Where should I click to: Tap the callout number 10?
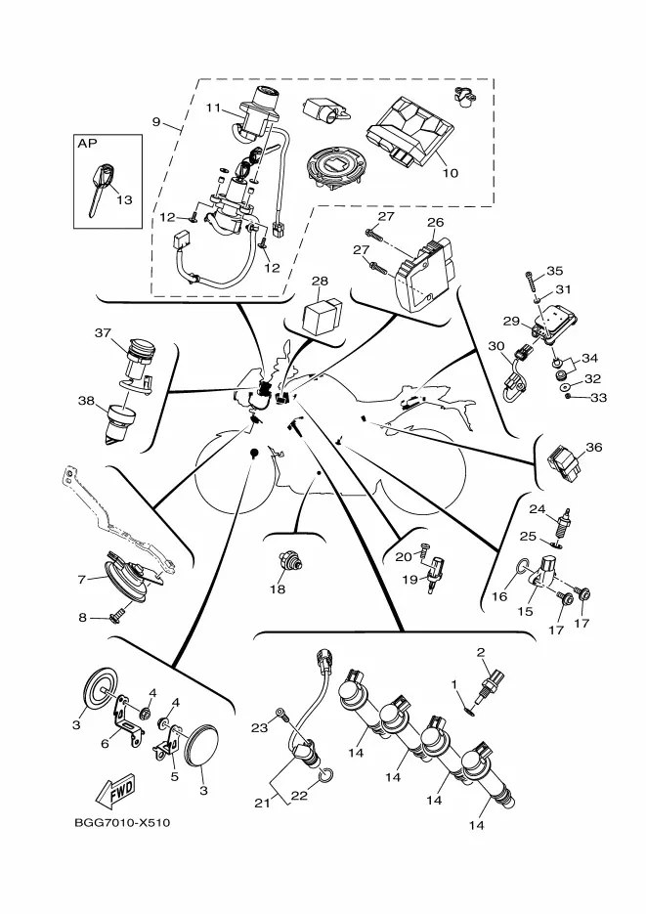[451, 174]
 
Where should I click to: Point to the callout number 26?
[435, 223]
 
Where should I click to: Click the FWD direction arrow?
[116, 787]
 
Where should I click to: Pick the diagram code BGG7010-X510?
[121, 822]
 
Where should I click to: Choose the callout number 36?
[593, 448]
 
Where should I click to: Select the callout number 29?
[509, 321]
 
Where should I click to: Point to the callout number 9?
[156, 122]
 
